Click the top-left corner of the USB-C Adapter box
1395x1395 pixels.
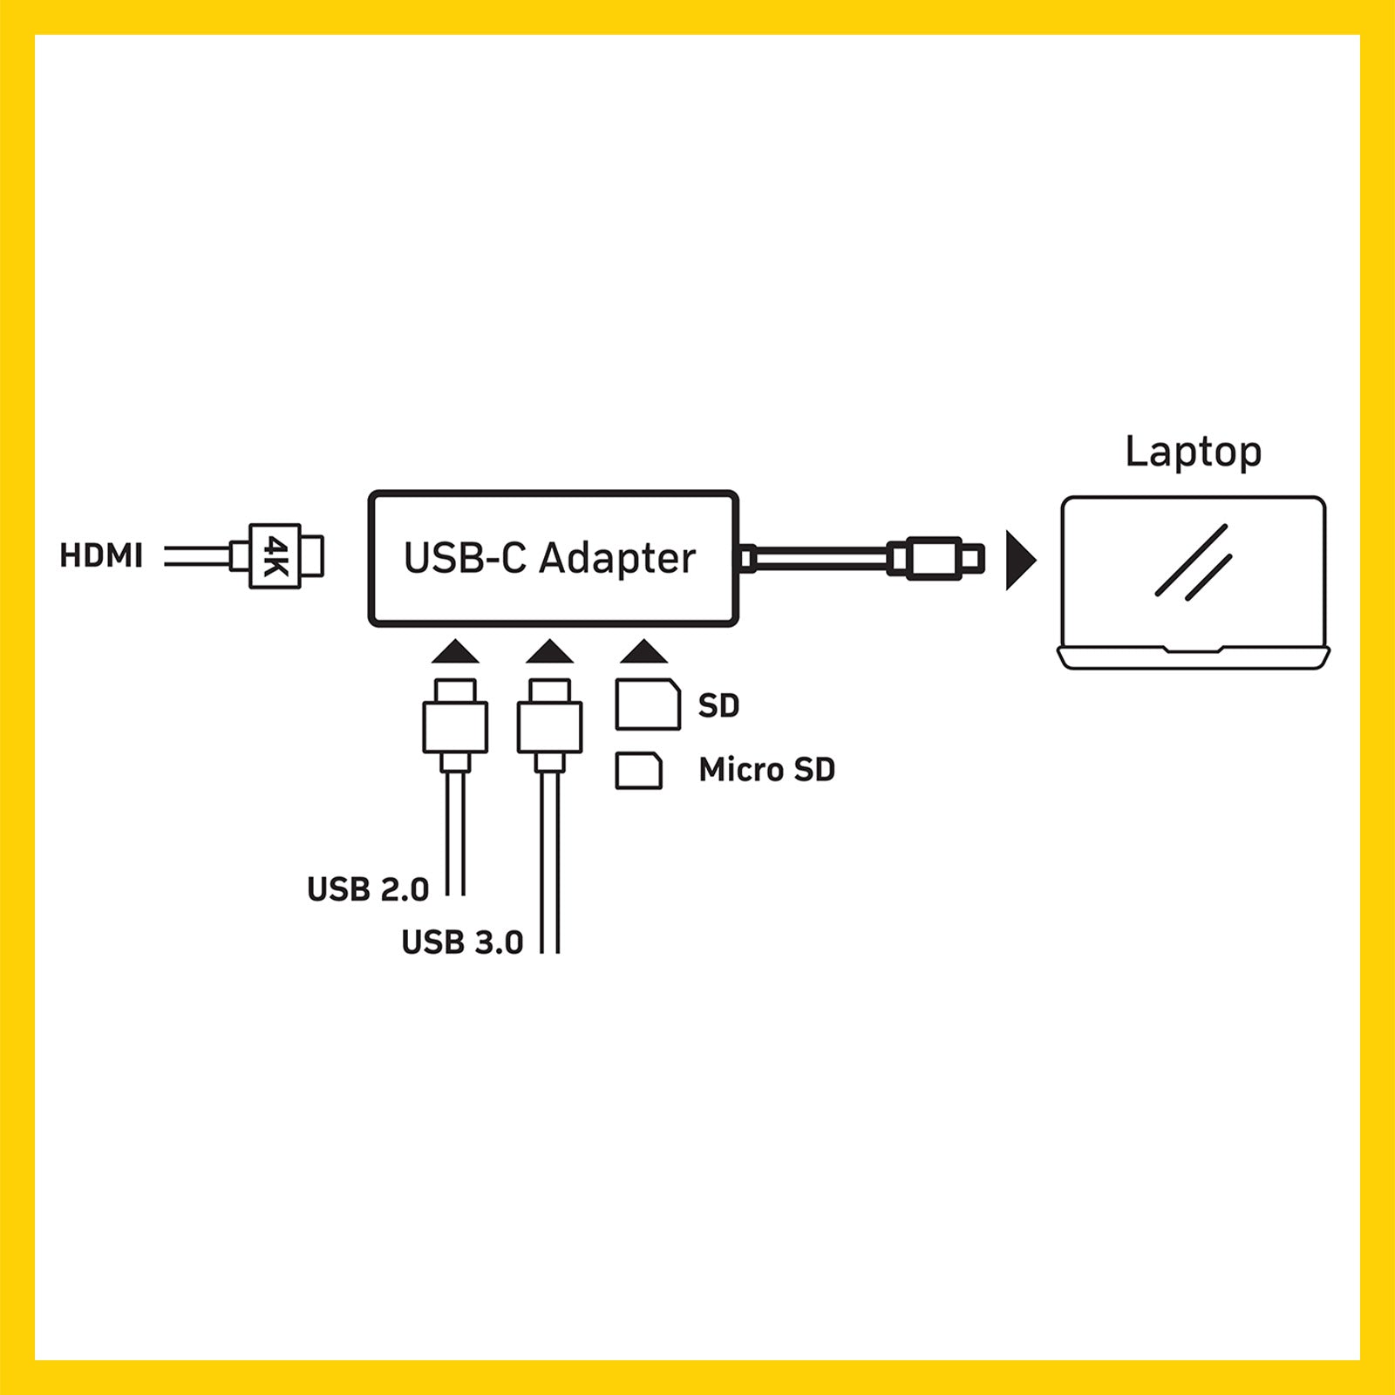pos(371,493)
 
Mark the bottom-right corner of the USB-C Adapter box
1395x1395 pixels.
pos(737,624)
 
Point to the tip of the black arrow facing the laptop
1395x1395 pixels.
pos(1037,561)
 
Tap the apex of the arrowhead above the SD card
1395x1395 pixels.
pos(643,639)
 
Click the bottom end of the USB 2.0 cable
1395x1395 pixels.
pos(455,895)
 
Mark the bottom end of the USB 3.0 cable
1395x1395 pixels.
pos(549,952)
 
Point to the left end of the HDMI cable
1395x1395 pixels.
pos(165,556)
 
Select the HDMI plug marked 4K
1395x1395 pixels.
pos(277,556)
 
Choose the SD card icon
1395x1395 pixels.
pos(648,704)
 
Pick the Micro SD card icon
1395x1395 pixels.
pos(638,771)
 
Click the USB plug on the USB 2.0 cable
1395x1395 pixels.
pos(455,725)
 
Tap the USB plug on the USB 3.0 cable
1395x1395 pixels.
pos(549,725)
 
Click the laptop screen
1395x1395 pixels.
pos(1194,571)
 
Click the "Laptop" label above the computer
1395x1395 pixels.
pos(1193,453)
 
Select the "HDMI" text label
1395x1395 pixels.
pos(101,555)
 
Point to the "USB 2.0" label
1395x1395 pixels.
pos(368,889)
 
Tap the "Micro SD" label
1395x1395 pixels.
pos(767,770)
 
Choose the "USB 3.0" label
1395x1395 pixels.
pos(462,942)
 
